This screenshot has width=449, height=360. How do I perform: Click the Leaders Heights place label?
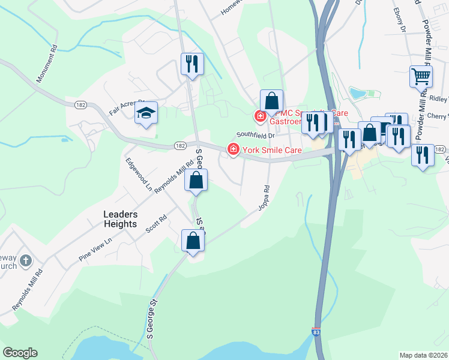121,219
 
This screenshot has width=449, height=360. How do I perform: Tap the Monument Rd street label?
46,63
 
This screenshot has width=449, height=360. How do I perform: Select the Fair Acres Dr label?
127,107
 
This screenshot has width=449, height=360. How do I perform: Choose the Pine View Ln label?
95,249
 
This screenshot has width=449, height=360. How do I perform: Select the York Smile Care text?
271,150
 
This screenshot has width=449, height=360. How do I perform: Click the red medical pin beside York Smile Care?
232,149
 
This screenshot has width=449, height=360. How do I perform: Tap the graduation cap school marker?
145,113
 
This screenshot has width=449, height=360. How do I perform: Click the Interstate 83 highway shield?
316,331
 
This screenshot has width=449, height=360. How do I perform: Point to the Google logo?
20,353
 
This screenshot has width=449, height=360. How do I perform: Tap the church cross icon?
25,260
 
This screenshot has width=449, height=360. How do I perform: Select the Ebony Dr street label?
400,21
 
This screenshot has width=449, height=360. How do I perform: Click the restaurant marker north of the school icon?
192,63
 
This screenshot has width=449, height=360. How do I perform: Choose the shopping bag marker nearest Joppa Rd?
193,241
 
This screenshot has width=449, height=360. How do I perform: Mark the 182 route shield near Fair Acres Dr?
81,105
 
